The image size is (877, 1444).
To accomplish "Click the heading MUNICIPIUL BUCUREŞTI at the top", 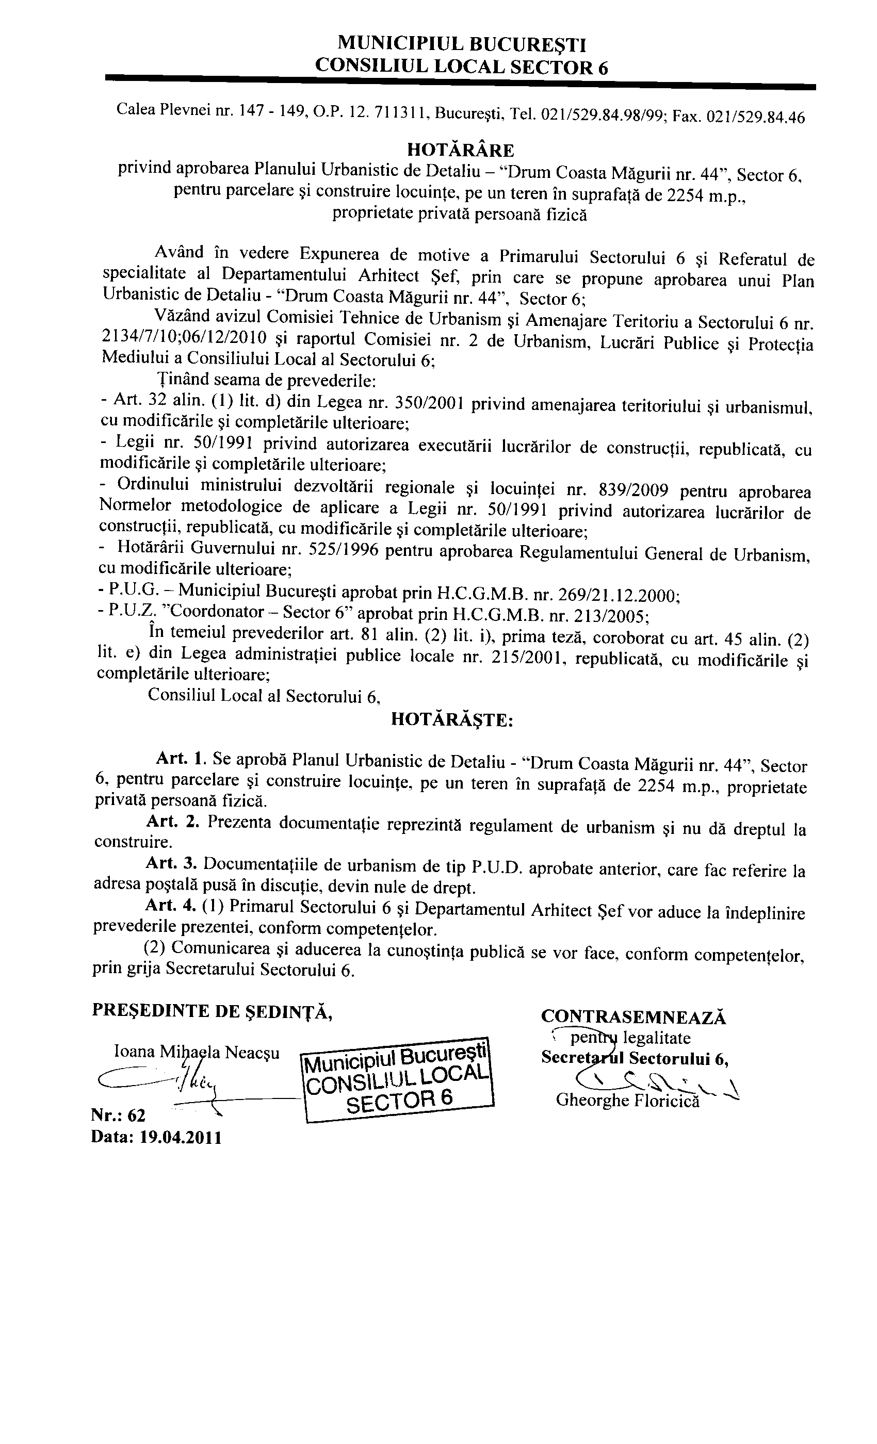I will click(x=461, y=44).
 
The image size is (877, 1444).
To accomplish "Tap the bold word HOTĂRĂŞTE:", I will click(x=451, y=719).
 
